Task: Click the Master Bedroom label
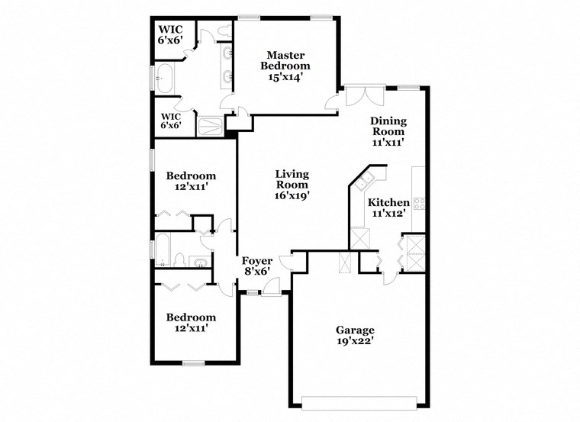pos(286,66)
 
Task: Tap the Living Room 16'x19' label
pos(292,185)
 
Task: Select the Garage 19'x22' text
pos(355,336)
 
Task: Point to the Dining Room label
pos(388,130)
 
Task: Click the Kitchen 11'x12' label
pos(388,208)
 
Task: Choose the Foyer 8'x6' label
pos(257,266)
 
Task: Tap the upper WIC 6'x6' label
pos(170,34)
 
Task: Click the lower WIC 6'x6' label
pos(170,121)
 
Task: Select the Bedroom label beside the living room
pos(191,182)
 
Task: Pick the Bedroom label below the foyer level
pos(191,322)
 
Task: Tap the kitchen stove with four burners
pos(419,203)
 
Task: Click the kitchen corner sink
pos(364,180)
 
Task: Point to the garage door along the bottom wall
pos(359,402)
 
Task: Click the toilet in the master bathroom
pos(223,31)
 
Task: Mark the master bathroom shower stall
pos(211,125)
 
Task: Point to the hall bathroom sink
pos(199,264)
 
